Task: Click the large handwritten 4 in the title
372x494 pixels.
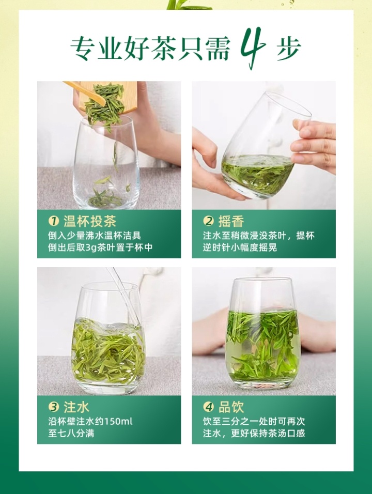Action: click(253, 47)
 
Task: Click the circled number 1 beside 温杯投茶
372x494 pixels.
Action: click(54, 221)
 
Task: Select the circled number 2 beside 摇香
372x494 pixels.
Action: click(209, 221)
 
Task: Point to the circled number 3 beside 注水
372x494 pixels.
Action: click(54, 407)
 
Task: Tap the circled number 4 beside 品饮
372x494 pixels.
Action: click(209, 407)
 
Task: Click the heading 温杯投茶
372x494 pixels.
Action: click(90, 221)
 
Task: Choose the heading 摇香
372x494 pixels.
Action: click(231, 221)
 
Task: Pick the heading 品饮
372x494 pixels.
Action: click(231, 407)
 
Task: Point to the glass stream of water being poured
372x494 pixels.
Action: click(125, 296)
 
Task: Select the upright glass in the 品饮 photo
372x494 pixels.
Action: click(262, 333)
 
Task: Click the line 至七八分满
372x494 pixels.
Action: click(71, 433)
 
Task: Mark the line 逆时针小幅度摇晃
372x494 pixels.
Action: click(240, 248)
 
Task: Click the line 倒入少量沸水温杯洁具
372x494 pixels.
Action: click(95, 235)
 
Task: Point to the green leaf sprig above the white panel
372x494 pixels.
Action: click(189, 5)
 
